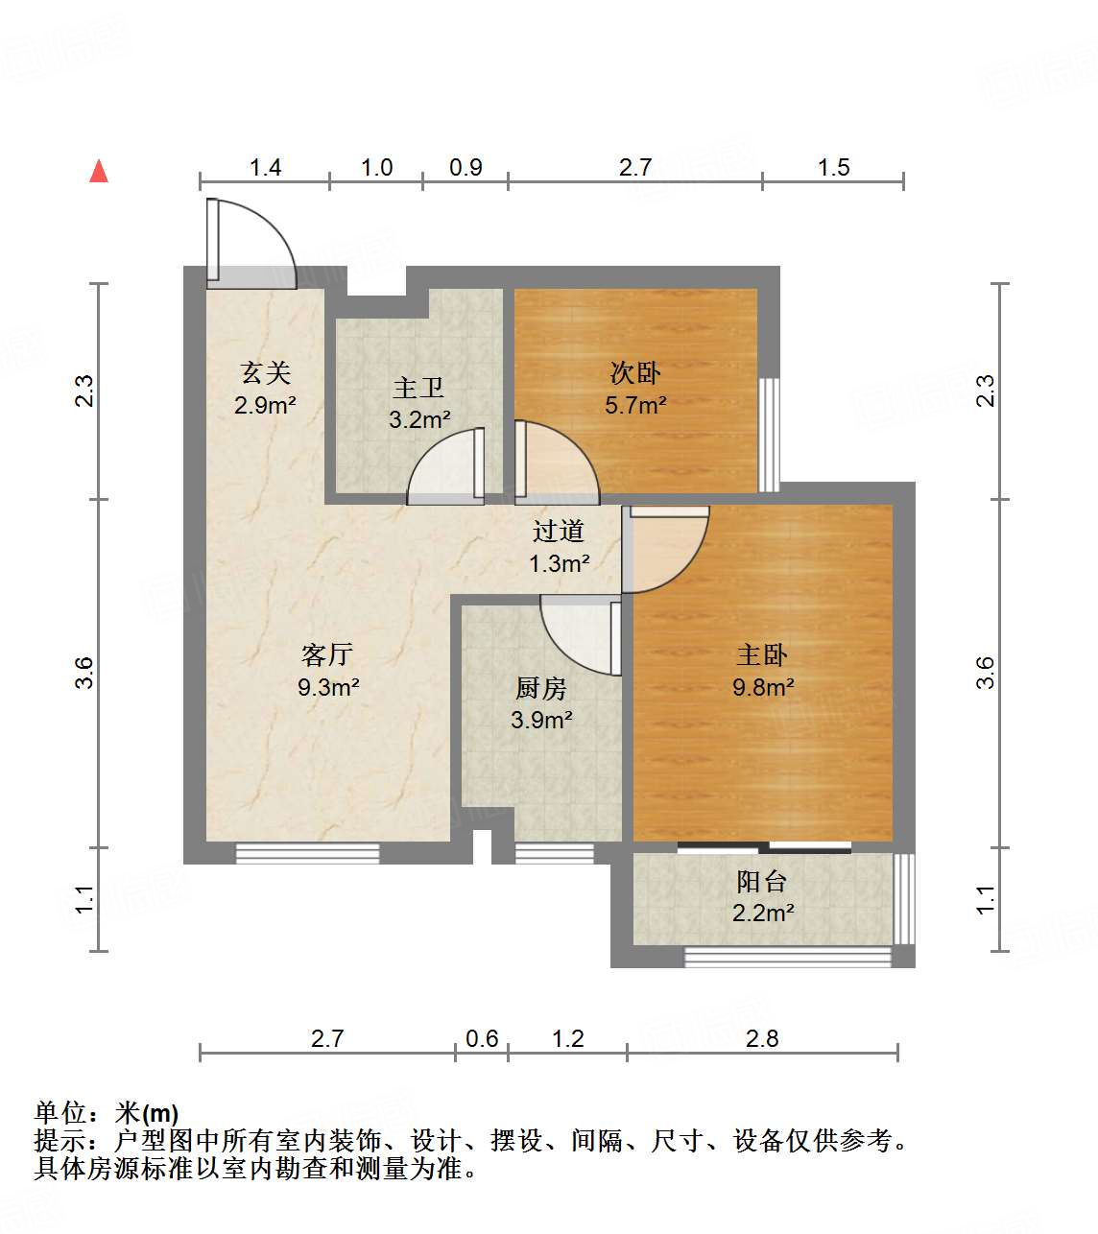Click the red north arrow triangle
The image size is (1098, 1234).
click(98, 171)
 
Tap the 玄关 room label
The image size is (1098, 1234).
click(265, 372)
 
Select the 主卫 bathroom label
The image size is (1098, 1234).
click(418, 388)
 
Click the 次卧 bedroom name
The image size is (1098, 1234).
click(635, 372)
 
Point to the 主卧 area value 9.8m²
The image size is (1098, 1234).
click(763, 687)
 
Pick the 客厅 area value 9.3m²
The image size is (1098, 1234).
click(328, 687)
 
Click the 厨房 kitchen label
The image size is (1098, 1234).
click(541, 688)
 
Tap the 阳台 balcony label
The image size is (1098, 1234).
click(762, 881)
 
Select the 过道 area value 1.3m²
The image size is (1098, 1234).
click(559, 563)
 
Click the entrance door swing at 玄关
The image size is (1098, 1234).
click(250, 245)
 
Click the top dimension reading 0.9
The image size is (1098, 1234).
click(465, 168)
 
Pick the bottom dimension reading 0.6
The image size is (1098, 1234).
click(482, 1038)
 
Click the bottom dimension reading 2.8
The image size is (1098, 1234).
click(762, 1038)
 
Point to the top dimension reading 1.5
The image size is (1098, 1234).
click(833, 168)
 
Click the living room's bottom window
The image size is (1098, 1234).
click(307, 852)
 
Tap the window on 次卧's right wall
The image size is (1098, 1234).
click(769, 434)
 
